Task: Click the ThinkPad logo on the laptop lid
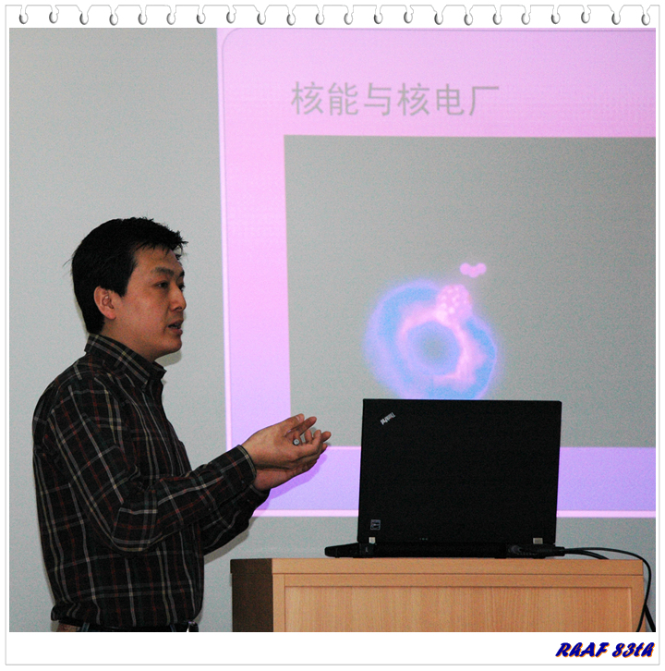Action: click(x=387, y=419)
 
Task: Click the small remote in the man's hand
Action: click(x=296, y=442)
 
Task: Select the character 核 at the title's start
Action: click(x=307, y=98)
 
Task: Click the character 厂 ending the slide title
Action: click(x=483, y=99)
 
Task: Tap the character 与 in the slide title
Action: click(x=378, y=99)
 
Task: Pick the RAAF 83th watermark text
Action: click(x=605, y=650)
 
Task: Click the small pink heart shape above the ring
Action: click(x=473, y=270)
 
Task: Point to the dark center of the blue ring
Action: click(x=431, y=345)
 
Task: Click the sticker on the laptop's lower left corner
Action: click(x=375, y=524)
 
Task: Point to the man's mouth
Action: click(x=176, y=326)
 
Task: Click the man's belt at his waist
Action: click(x=128, y=627)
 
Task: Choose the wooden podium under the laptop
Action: click(x=439, y=595)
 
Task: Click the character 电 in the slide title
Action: click(x=450, y=99)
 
